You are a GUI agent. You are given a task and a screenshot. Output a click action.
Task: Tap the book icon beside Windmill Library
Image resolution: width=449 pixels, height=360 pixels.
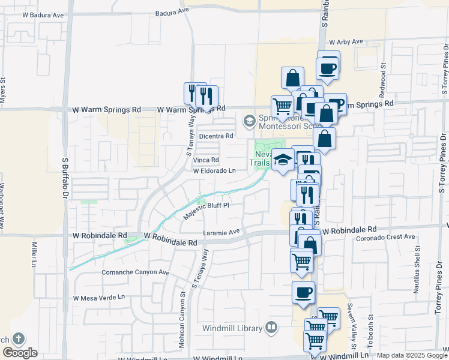point(272,328)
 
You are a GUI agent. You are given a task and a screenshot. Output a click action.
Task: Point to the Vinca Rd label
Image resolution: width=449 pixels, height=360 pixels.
point(206,160)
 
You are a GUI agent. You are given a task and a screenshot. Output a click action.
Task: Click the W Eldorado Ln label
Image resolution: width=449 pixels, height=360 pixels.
point(214,171)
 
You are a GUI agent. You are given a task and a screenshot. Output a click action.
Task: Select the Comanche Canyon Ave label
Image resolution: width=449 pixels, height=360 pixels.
point(128,272)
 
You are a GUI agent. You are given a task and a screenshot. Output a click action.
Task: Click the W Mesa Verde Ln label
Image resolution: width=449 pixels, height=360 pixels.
point(98,298)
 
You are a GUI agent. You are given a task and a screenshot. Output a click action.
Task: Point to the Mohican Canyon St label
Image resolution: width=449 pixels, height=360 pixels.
point(182,308)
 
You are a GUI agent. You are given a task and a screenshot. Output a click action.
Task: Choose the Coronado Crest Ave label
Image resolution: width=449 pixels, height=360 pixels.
point(384,236)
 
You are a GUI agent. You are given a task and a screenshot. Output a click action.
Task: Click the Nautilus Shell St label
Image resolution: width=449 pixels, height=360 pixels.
point(417,273)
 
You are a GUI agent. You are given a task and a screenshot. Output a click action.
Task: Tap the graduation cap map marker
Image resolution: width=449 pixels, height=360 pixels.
point(283,159)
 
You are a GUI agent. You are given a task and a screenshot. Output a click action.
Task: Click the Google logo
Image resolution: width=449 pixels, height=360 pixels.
point(20,353)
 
